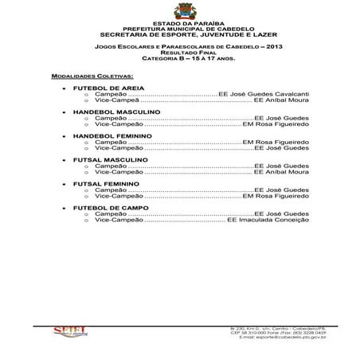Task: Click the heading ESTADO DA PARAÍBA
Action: pyautogui.click(x=179, y=23)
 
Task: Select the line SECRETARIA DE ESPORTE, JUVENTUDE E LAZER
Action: pyautogui.click(x=179, y=35)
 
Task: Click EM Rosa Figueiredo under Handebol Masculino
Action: pyautogui.click(x=275, y=124)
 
